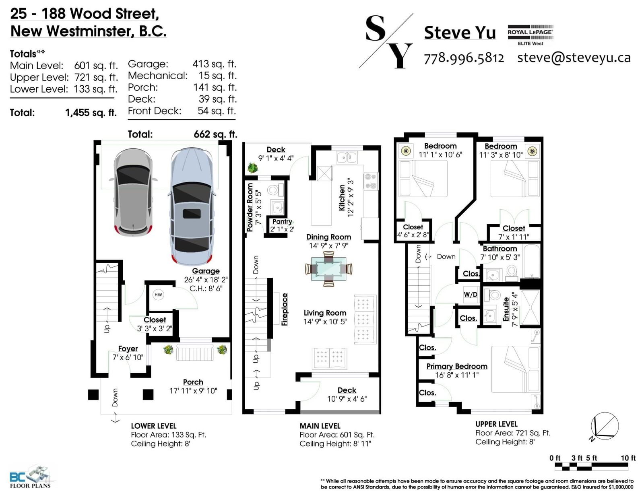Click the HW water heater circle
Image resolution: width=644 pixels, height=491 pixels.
pyautogui.click(x=158, y=295)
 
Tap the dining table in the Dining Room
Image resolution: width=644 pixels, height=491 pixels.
pyautogui.click(x=328, y=269)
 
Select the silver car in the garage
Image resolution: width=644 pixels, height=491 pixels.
pyautogui.click(x=134, y=192)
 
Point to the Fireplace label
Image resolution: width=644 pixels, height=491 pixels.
pyautogui.click(x=284, y=309)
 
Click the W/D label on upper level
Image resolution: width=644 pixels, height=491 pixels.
pyautogui.click(x=470, y=294)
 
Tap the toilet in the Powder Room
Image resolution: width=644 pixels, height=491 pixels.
pyautogui.click(x=275, y=190)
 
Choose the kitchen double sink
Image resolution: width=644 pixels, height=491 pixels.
pyautogui.click(x=347, y=157)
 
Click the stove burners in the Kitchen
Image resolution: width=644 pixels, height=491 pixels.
pyautogui.click(x=371, y=181)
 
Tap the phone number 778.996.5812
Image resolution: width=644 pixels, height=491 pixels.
pyautogui.click(x=464, y=58)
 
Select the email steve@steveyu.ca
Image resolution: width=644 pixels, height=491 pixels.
pyautogui.click(x=574, y=58)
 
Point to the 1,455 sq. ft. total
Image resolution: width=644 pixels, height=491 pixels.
pyautogui.click(x=91, y=113)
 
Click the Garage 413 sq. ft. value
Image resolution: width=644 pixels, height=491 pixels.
pyautogui.click(x=215, y=64)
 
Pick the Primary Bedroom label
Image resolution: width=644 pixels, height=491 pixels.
pyautogui.click(x=457, y=366)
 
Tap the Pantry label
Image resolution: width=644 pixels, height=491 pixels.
pyautogui.click(x=282, y=221)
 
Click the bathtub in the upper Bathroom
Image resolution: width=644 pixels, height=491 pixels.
pyautogui.click(x=531, y=261)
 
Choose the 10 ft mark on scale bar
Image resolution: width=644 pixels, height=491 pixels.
pyautogui.click(x=628, y=458)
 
